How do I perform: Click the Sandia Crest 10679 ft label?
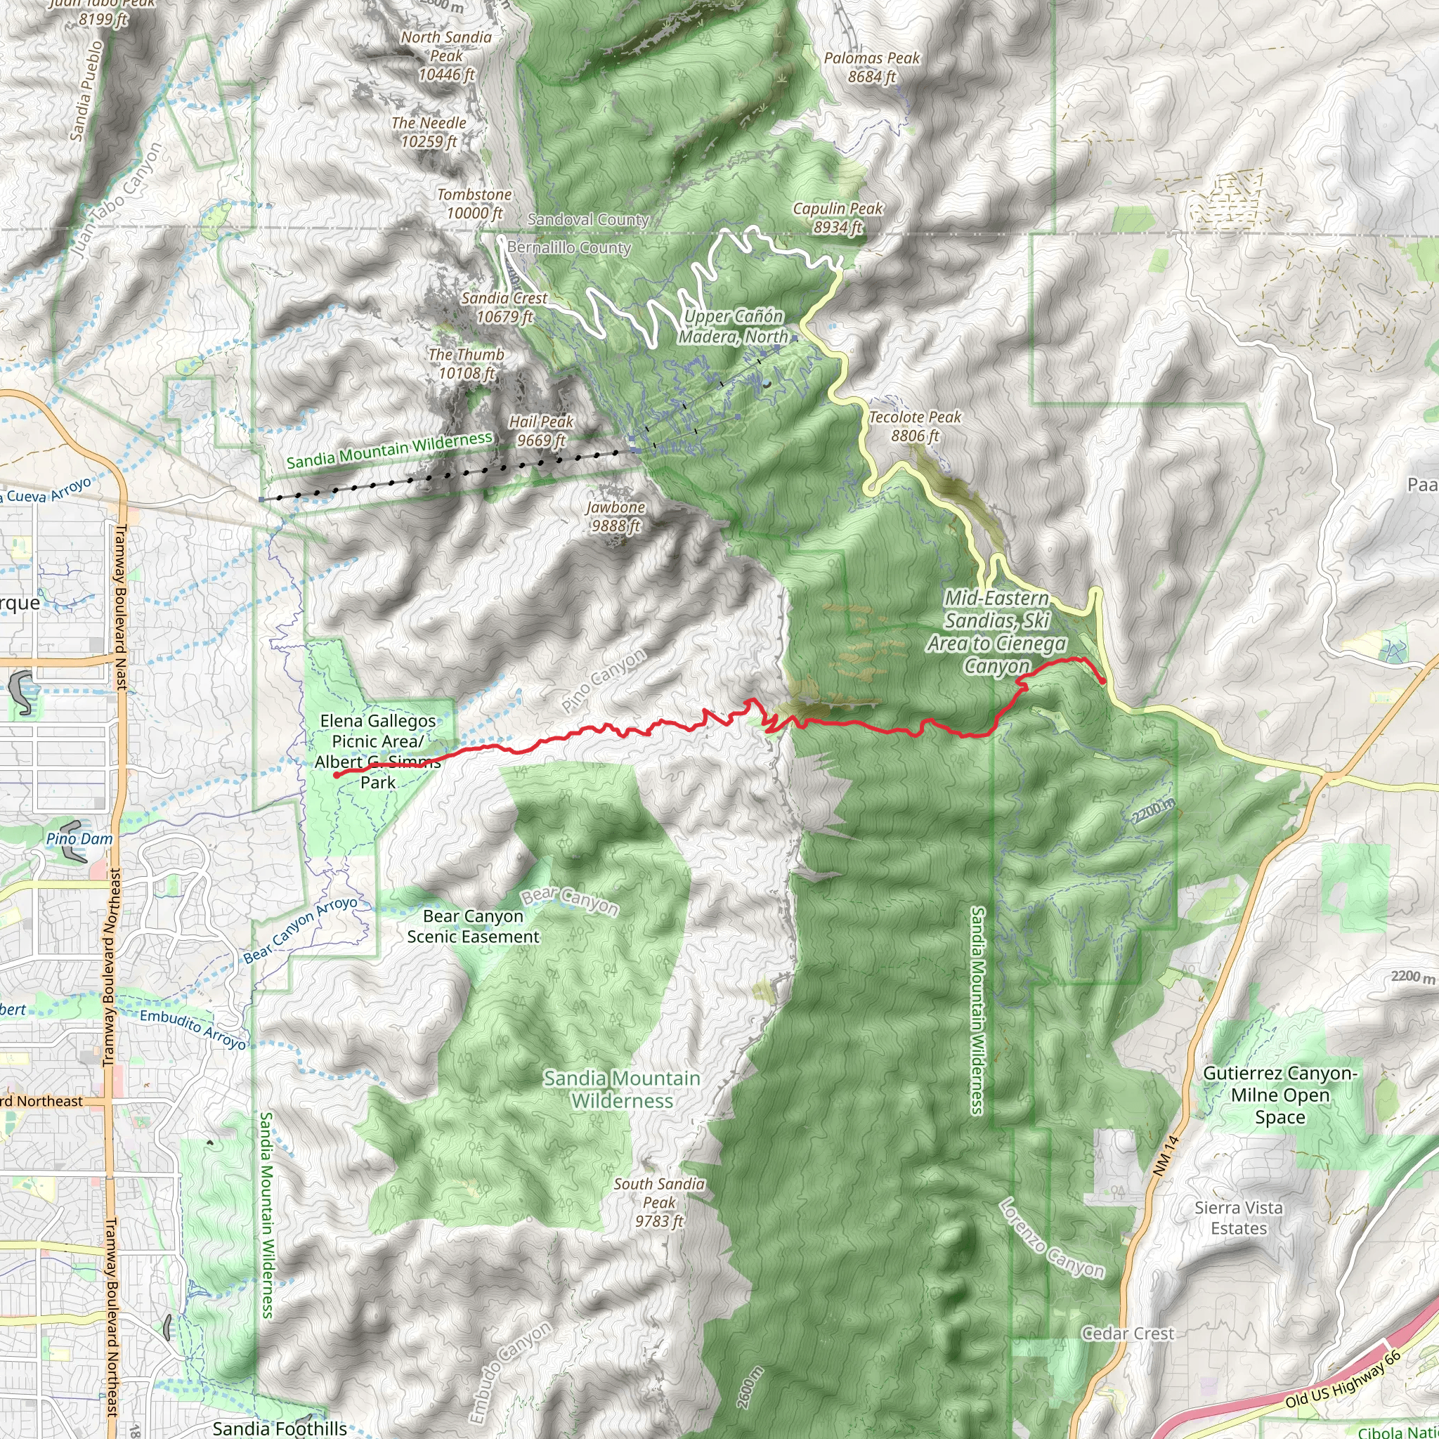coord(505,308)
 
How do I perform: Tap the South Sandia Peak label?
coord(659,1202)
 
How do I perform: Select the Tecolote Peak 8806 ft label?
coord(916,426)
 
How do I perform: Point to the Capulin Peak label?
coord(838,218)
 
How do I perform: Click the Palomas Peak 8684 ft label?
coord(871,67)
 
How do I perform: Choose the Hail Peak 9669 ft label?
coord(542,431)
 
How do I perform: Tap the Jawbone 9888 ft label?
coord(616,516)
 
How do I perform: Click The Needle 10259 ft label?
coord(429,132)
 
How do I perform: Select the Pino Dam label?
coord(79,839)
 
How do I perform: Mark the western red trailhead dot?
coord(337,774)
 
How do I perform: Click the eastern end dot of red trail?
coord(1102,680)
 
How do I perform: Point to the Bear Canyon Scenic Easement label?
coord(473,926)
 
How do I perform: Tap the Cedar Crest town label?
coord(1128,1333)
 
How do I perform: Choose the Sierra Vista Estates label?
coord(1239,1218)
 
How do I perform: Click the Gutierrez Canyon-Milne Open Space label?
coord(1280,1095)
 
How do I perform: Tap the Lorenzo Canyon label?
coord(1051,1238)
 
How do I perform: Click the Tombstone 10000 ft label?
coord(474,203)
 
